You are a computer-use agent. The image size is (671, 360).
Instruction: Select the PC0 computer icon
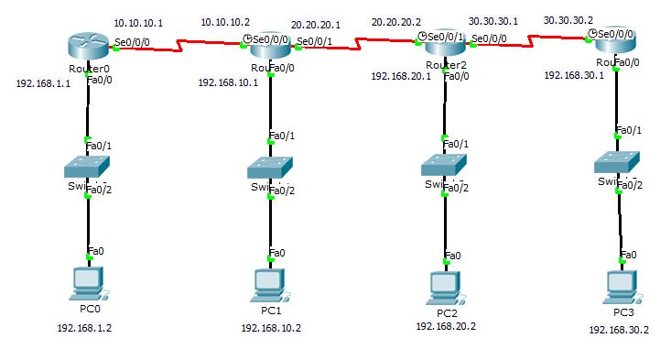[88, 283]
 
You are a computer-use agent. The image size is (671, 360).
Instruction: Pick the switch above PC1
[271, 168]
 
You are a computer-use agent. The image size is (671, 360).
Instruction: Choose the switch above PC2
[445, 165]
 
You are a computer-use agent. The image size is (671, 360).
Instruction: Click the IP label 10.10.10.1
[137, 22]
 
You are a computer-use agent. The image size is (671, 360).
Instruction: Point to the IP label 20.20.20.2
[395, 20]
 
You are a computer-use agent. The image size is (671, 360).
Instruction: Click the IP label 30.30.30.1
[492, 20]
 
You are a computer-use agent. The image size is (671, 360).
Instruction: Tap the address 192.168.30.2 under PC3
[618, 331]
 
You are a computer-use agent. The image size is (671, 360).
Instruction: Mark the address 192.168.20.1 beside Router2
[399, 77]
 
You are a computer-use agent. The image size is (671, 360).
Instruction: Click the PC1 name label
[270, 311]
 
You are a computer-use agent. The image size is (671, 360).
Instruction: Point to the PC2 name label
[446, 312]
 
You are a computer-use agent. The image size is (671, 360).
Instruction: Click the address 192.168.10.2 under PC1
[271, 327]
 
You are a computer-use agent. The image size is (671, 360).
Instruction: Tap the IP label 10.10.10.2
[224, 21]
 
